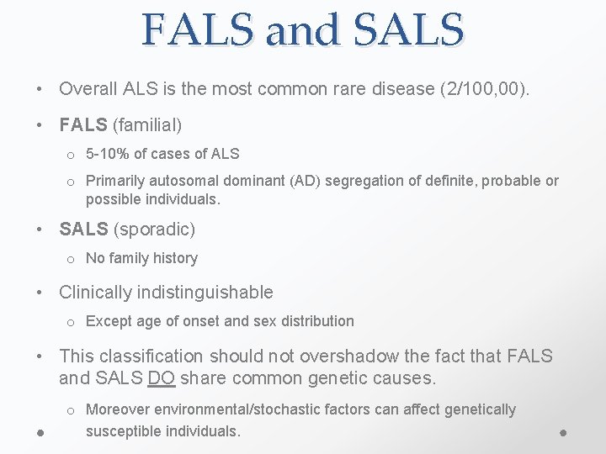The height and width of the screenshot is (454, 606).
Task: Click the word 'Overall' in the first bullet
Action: tap(88, 88)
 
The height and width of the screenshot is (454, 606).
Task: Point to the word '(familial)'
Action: tap(147, 125)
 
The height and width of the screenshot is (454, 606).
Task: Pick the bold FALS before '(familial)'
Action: tap(83, 125)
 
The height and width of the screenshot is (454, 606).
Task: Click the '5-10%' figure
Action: tap(107, 154)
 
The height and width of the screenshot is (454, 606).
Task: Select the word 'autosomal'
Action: tap(179, 181)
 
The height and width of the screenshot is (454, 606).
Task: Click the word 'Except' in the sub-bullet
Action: tap(108, 321)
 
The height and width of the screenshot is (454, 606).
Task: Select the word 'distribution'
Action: tap(315, 321)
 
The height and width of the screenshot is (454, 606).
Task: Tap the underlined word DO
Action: tap(161, 378)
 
